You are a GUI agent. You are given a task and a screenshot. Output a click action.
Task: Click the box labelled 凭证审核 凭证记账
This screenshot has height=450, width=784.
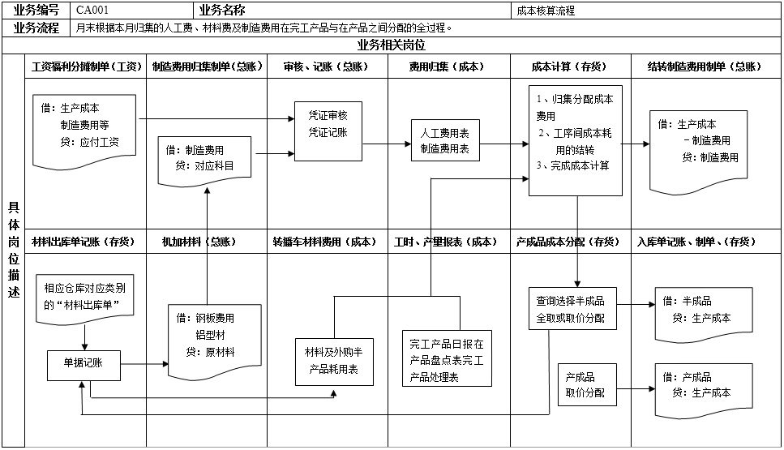point(328,126)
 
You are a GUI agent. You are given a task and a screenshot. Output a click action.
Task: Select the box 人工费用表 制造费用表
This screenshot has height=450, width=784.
point(445,139)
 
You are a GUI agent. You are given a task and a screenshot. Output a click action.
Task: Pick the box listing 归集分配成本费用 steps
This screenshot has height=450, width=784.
point(576,140)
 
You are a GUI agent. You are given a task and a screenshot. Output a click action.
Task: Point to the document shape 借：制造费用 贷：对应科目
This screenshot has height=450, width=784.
point(205,157)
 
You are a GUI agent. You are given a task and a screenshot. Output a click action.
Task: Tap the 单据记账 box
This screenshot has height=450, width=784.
point(84,363)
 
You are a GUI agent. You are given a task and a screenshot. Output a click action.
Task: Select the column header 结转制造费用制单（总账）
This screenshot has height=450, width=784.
point(704,66)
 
